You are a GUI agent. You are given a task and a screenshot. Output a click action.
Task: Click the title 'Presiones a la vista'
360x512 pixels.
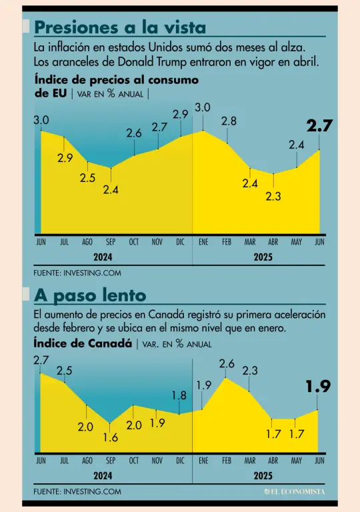[120, 27]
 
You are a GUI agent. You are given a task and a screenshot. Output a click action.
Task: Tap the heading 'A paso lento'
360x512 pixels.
[90, 295]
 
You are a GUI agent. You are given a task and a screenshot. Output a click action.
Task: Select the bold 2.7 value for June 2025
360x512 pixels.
[319, 126]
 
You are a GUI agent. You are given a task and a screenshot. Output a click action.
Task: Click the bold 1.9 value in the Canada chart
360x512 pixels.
[318, 386]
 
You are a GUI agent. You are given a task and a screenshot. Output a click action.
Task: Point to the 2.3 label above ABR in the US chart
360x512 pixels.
[273, 196]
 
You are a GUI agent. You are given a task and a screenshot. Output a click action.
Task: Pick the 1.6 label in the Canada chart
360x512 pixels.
[111, 437]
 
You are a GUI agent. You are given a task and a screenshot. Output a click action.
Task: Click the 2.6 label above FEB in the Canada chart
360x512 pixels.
[227, 364]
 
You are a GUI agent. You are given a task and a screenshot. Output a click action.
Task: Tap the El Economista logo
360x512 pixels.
[295, 491]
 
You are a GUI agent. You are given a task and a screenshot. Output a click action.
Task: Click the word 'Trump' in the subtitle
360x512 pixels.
[173, 62]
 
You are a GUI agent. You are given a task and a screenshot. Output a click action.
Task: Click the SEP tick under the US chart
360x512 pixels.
[111, 242]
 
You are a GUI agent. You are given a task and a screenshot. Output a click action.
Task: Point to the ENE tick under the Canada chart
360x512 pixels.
[203, 461]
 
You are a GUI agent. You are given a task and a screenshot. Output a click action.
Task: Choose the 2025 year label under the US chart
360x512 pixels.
[263, 257]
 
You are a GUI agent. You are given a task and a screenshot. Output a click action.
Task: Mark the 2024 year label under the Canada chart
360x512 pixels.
[103, 476]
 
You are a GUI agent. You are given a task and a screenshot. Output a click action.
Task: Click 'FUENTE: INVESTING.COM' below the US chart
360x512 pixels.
[77, 273]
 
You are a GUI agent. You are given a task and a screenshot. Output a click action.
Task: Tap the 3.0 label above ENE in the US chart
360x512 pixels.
[203, 108]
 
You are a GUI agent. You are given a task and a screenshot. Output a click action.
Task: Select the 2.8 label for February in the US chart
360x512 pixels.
[229, 121]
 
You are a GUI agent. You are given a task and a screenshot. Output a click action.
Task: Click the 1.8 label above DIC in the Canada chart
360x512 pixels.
[179, 396]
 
